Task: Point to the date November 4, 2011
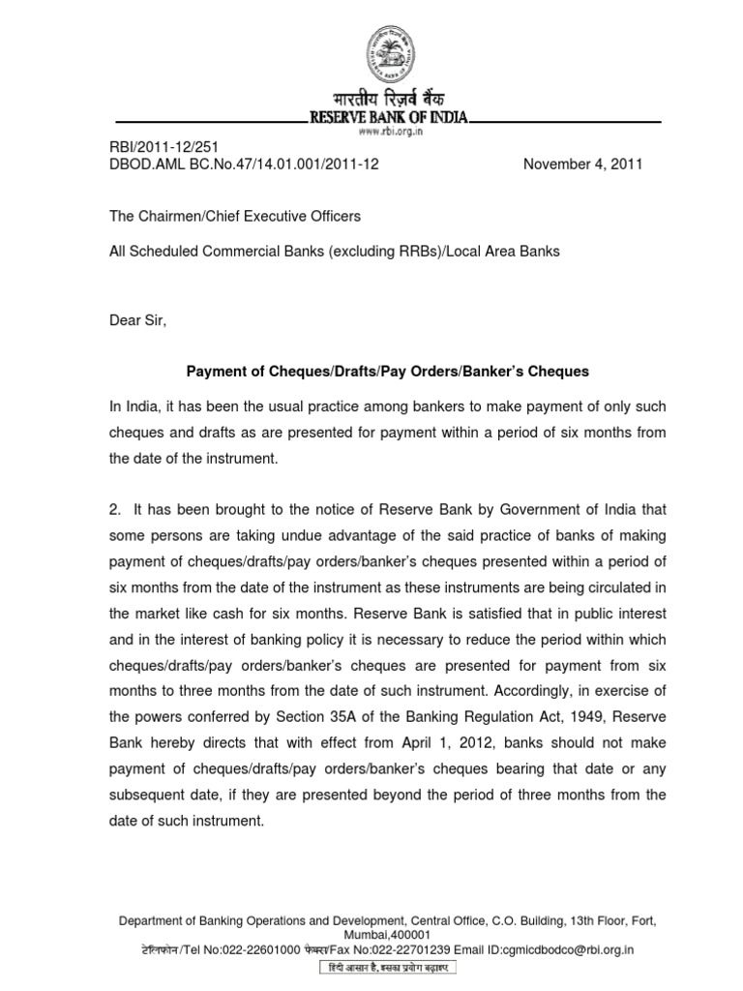[582, 165]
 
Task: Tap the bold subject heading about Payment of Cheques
[386, 372]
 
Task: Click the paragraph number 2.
[113, 509]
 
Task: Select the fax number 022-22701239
[396, 949]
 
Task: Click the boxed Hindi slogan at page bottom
[387, 968]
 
